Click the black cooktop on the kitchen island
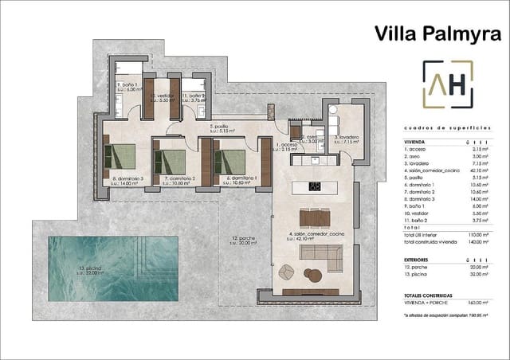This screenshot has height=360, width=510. (316, 187)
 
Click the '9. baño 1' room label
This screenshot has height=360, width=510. (127, 86)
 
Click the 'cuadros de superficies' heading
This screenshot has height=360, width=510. (448, 127)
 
